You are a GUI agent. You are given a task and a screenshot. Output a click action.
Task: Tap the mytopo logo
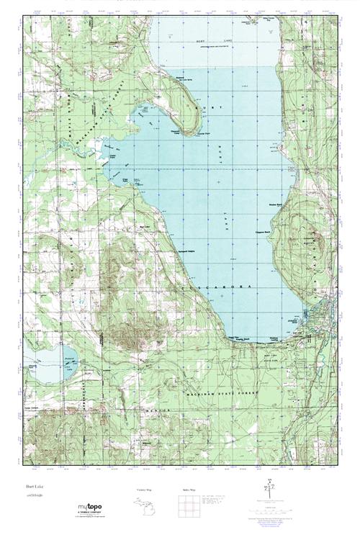[90, 508]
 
